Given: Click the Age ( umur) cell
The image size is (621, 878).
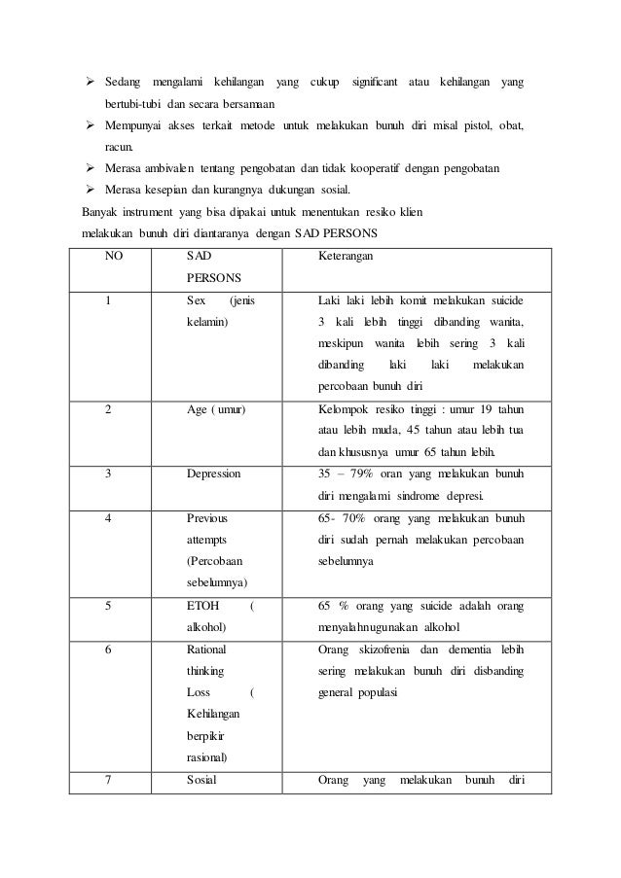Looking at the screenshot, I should pyautogui.click(x=215, y=409).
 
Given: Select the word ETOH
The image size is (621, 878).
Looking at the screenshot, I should pyautogui.click(x=201, y=605).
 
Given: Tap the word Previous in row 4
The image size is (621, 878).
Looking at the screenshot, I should pyautogui.click(x=206, y=517).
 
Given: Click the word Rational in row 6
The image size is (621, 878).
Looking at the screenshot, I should pyautogui.click(x=208, y=649).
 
